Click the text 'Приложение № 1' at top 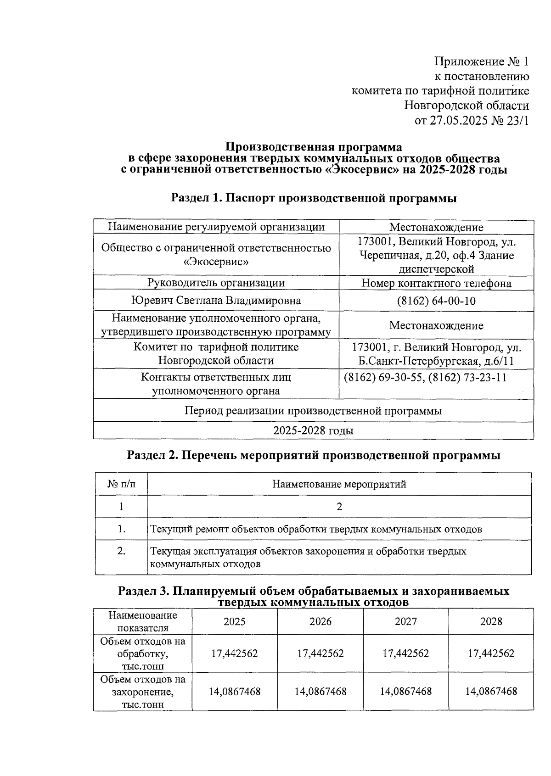tap(482, 61)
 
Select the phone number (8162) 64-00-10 tap(436, 301)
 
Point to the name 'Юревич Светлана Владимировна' tap(216, 301)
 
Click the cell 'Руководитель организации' tap(216, 283)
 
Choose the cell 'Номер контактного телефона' tap(436, 283)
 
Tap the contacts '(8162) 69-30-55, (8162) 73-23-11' tap(425, 377)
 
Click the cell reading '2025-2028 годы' tap(313, 430)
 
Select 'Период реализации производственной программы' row tap(313, 410)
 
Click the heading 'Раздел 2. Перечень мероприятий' tap(313, 455)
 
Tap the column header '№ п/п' tap(121, 484)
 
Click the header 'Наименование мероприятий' tap(339, 484)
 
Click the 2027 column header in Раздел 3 tap(406, 621)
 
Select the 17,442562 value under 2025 tap(235, 653)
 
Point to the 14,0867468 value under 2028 tap(491, 691)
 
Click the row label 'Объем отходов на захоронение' tap(143, 691)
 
